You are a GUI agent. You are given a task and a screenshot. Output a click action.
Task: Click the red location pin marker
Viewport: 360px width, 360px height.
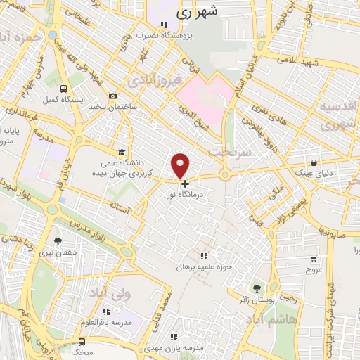pyautogui.click(x=181, y=165)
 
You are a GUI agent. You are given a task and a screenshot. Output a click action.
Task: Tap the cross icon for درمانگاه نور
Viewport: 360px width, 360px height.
pyautogui.click(x=186, y=184)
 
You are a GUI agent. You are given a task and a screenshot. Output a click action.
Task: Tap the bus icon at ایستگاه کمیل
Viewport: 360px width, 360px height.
pyautogui.click(x=65, y=89)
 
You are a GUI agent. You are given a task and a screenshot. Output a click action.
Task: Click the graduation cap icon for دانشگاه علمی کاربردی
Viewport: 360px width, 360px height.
pyautogui.click(x=122, y=152)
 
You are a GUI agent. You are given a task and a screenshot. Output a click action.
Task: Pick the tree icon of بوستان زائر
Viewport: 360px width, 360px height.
pyautogui.click(x=255, y=288)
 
